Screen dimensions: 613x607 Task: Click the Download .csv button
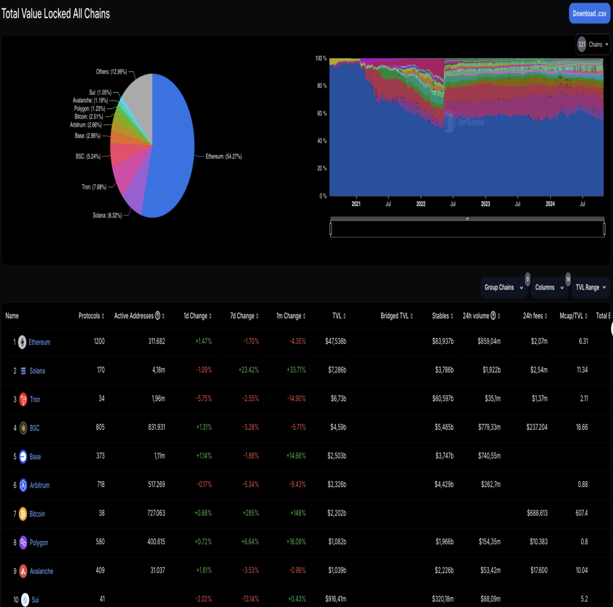click(x=589, y=13)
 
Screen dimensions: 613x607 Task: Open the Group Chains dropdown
click(x=504, y=288)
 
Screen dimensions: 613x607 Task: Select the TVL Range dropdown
click(x=591, y=288)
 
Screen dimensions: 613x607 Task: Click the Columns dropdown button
click(x=549, y=288)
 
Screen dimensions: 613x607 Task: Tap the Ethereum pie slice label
click(x=224, y=156)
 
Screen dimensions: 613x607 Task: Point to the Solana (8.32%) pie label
click(x=107, y=216)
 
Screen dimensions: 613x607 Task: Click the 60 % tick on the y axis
click(x=322, y=113)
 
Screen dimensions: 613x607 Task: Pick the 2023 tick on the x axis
click(x=485, y=204)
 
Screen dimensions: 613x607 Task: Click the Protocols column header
click(x=91, y=316)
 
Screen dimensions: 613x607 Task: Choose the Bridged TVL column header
click(x=396, y=316)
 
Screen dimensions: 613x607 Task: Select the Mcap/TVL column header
click(x=573, y=316)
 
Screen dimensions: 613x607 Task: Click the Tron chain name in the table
click(x=35, y=399)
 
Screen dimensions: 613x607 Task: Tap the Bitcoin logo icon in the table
click(x=23, y=513)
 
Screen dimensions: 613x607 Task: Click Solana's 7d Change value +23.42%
click(x=248, y=370)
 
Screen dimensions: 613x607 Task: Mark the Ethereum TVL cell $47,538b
click(x=336, y=341)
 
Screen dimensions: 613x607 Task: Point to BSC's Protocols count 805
click(x=100, y=427)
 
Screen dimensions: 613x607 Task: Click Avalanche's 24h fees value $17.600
click(x=539, y=570)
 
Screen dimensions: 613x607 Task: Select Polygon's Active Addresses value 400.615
click(x=156, y=542)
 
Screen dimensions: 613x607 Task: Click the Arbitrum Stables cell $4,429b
click(x=444, y=484)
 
